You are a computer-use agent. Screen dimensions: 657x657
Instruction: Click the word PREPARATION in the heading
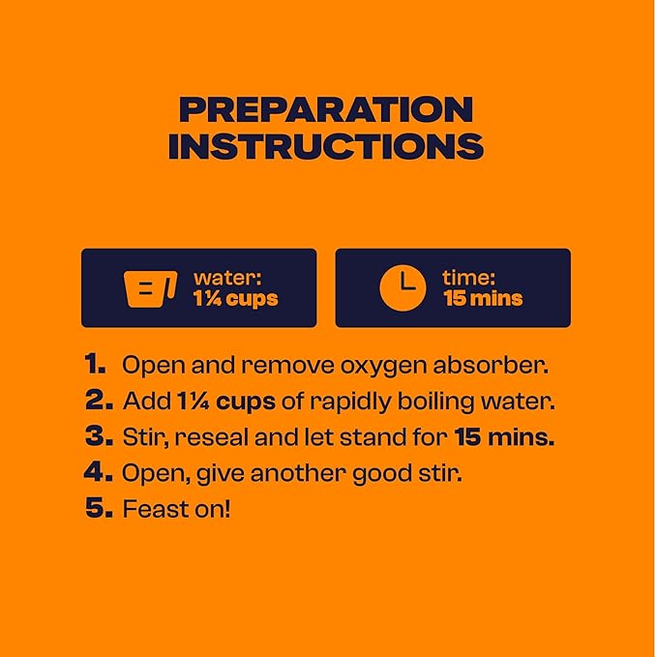pos(326,109)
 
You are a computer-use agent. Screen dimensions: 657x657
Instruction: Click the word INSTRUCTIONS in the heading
pos(326,146)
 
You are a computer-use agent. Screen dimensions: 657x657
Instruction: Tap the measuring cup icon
pos(150,288)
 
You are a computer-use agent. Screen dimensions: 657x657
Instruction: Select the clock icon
pos(403,287)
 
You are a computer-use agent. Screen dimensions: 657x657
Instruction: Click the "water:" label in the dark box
pos(227,278)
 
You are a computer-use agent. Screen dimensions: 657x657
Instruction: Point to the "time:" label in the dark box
pos(469,278)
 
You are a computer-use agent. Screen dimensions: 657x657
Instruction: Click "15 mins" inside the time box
pos(483,298)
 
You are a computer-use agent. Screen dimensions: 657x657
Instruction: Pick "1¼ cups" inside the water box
pos(235,299)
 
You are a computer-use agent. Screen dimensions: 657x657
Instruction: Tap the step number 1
pos(95,364)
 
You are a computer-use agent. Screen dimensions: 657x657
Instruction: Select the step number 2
pos(99,401)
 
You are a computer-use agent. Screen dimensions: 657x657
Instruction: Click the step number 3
pos(99,436)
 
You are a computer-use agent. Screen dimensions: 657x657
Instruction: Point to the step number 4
pos(98,472)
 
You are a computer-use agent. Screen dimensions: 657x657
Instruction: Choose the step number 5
pos(99,508)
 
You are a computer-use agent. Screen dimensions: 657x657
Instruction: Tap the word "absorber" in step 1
pos(491,365)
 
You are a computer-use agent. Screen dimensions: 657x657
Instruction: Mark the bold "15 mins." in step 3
pos(504,437)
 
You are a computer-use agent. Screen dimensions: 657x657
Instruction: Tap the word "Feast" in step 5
pos(156,509)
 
